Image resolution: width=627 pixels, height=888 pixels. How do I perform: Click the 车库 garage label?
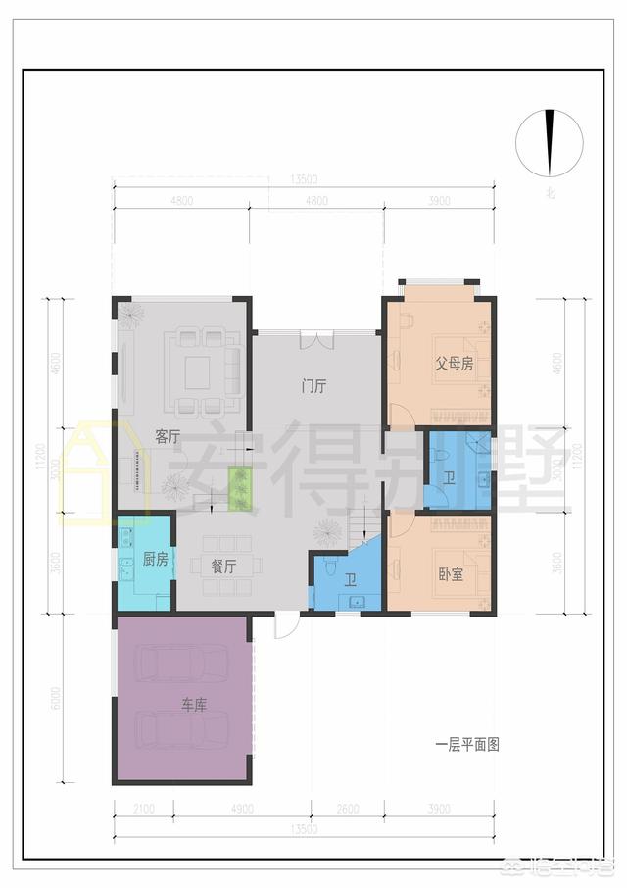click(x=192, y=704)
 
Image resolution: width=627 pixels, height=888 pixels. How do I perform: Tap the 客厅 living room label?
click(x=168, y=436)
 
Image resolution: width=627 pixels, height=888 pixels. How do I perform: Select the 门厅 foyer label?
click(x=313, y=385)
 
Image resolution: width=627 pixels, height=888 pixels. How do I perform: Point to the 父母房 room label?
click(x=455, y=364)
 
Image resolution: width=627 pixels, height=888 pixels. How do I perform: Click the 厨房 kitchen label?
click(x=156, y=559)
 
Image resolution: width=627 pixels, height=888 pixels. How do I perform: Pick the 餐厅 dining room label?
click(x=223, y=567)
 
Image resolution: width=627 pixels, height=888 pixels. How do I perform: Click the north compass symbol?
click(x=549, y=143)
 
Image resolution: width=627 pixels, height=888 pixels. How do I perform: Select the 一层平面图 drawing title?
click(x=467, y=745)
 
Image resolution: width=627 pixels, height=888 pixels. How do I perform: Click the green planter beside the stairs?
click(x=240, y=488)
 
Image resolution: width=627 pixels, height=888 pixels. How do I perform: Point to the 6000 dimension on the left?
click(x=58, y=698)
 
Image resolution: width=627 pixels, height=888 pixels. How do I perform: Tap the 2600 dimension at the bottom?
click(x=347, y=810)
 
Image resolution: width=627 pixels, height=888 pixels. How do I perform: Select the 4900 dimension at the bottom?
click(x=241, y=810)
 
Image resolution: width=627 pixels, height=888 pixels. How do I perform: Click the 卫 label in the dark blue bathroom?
click(x=450, y=477)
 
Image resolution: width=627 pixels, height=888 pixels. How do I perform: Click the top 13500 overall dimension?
click(x=304, y=179)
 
